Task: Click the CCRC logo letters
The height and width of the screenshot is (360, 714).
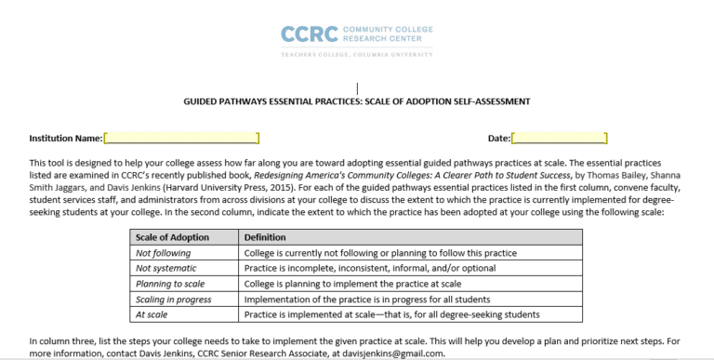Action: point(311,34)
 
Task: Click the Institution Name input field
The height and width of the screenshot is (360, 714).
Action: point(182,139)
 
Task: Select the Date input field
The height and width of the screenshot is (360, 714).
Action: point(559,139)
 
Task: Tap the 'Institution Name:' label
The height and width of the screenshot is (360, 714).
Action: point(66,139)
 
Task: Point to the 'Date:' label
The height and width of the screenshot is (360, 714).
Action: point(498,139)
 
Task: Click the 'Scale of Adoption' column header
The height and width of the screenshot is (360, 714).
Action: point(173,238)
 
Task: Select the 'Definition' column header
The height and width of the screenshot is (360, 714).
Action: point(265,238)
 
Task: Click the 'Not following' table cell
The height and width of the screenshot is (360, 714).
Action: point(164,253)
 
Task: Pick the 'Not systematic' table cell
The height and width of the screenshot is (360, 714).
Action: point(167,268)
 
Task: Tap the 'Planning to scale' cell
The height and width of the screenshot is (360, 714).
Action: point(172,284)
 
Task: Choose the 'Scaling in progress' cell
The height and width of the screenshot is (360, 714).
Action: point(174,299)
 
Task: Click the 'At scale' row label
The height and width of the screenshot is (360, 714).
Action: point(152,314)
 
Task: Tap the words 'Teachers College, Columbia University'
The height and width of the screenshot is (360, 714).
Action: point(357,55)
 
